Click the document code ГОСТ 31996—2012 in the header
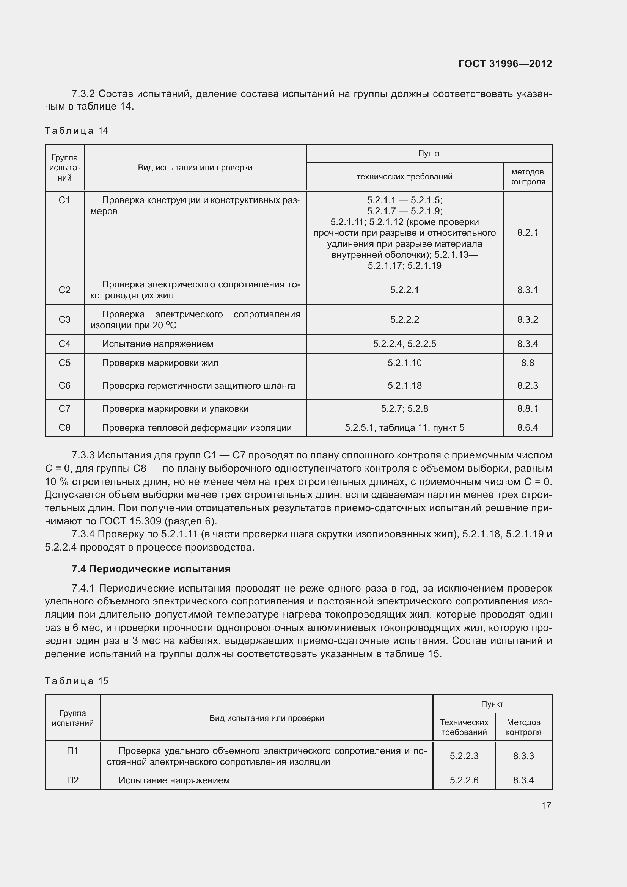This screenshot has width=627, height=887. (505, 64)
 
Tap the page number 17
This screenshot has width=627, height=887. (545, 805)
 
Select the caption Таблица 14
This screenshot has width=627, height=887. (76, 131)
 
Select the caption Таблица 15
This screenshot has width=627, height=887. (77, 681)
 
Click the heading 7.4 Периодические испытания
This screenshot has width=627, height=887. (151, 569)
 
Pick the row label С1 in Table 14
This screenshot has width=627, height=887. (64, 200)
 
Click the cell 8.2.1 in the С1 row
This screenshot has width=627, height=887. (527, 232)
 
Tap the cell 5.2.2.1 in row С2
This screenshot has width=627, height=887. (404, 290)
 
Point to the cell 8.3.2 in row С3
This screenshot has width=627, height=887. (527, 319)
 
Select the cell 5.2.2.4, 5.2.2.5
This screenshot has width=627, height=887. (404, 344)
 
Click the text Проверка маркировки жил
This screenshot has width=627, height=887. (160, 363)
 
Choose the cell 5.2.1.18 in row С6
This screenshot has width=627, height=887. (404, 386)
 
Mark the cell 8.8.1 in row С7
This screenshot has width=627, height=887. (527, 409)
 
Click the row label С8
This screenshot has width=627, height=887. (64, 428)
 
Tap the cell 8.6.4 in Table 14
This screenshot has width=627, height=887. (527, 428)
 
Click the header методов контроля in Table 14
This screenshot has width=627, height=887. (527, 177)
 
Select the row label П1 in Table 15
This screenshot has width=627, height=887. (72, 750)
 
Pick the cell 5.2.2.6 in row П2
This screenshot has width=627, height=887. (464, 780)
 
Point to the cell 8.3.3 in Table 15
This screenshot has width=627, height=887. (523, 756)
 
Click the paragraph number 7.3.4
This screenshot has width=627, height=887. (83, 534)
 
